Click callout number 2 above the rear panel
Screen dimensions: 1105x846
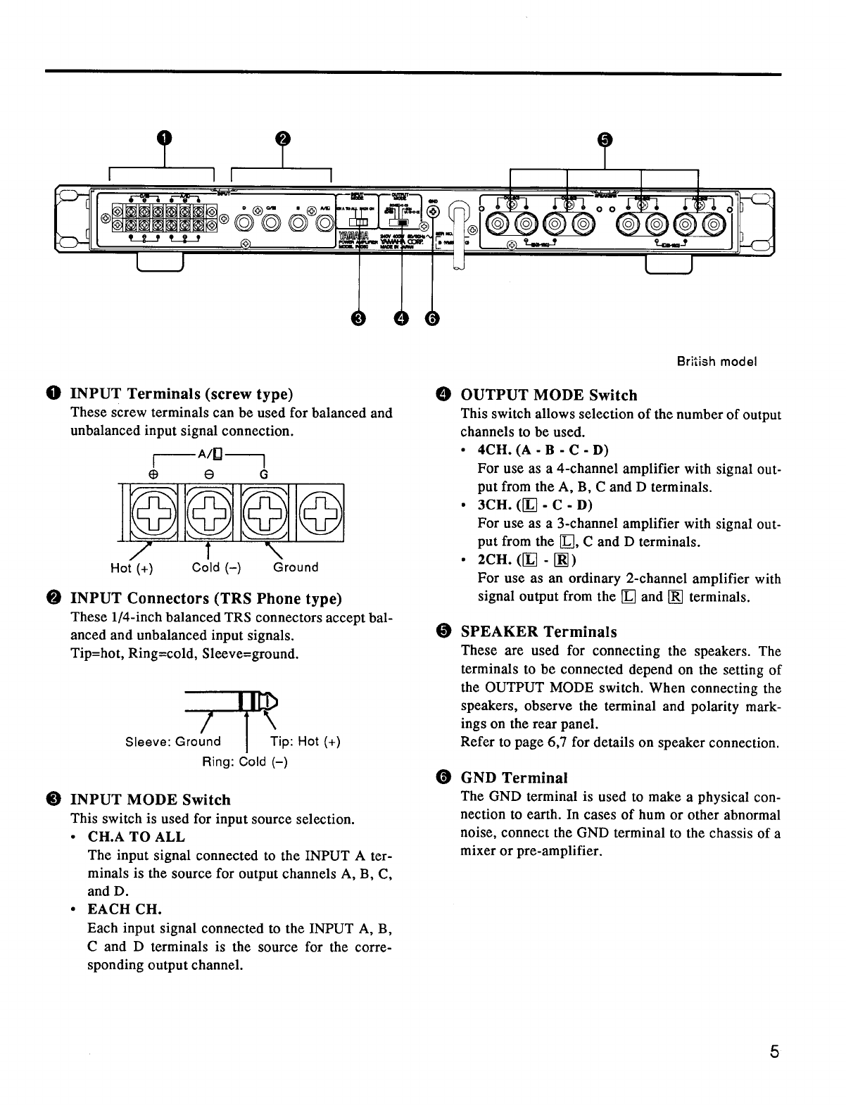(282, 139)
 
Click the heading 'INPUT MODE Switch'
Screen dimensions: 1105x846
(151, 800)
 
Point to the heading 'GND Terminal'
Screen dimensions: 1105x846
(514, 778)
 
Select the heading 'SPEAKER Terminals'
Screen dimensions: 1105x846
(538, 632)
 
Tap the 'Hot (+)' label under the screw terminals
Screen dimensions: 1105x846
(132, 568)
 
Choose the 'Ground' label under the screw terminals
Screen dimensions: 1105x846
(296, 567)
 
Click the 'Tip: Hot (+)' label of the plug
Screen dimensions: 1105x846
(305, 742)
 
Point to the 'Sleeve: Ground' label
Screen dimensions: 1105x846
(172, 742)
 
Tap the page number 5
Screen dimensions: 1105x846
(774, 1053)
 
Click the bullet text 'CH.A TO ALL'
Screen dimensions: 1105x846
(137, 838)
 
